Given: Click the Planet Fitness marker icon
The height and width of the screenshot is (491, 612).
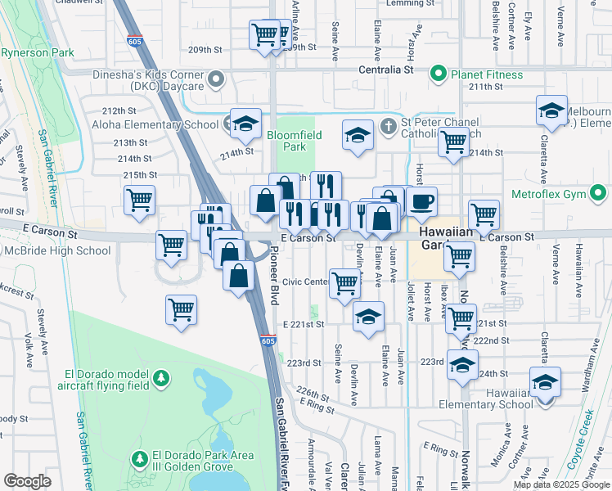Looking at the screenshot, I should click(x=438, y=74).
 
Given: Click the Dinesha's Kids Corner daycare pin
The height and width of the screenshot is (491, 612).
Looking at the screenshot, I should click(x=216, y=79).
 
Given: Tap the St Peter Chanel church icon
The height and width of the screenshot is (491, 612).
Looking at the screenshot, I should click(x=389, y=125).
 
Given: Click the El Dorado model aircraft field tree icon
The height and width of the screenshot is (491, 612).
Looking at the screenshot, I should click(x=162, y=377).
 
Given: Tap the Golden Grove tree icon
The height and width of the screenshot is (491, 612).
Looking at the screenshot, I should click(x=138, y=456).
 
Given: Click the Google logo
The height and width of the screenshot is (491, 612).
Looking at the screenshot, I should click(x=27, y=481).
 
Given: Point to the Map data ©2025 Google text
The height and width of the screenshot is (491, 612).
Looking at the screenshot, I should click(x=561, y=484).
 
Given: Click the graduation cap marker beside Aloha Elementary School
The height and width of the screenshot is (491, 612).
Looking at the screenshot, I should click(x=245, y=123).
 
